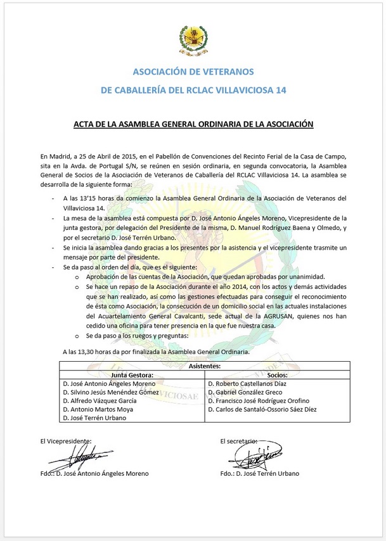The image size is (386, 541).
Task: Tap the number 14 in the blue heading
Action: tap(280, 91)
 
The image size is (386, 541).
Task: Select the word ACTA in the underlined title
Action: tap(85, 125)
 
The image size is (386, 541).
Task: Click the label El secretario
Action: tap(240, 440)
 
